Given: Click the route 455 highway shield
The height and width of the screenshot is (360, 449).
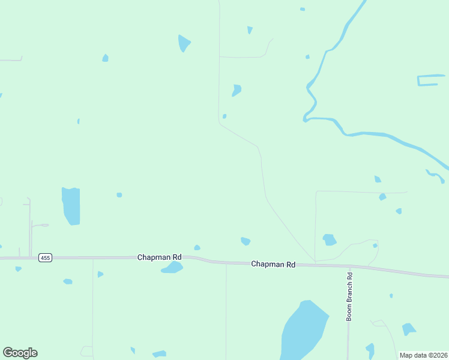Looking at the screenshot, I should coord(45,257).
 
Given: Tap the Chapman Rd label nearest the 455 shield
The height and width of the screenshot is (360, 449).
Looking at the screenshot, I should coord(159,257).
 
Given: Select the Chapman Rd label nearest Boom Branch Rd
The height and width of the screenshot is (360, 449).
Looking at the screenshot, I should coord(273,264).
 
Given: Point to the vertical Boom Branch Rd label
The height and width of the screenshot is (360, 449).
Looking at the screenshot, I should coord(349,296).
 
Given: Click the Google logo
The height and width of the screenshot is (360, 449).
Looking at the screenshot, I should coord(20,353).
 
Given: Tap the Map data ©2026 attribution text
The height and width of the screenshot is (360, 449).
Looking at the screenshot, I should coord(423,355).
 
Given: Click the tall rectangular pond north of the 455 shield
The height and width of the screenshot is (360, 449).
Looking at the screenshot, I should coord(71,206).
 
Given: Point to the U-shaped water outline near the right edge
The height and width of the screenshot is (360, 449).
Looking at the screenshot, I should coord(427,80).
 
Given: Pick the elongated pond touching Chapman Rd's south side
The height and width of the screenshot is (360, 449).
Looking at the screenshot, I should coord(172,268).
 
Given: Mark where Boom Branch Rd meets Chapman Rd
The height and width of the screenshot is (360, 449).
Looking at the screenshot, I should coord(349,266).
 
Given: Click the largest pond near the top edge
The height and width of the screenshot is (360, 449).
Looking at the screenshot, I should coord(184,43).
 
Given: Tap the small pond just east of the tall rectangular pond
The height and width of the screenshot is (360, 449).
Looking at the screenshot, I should coord(119,194).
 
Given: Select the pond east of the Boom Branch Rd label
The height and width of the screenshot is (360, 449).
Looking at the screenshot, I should coord(408,329).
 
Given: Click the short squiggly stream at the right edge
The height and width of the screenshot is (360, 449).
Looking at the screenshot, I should coord(435,176).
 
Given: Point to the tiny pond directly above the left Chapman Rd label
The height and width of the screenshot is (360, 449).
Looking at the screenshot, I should coord(197,247).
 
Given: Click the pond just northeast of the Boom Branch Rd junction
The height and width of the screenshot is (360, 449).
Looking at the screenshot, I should coord(329,240).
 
